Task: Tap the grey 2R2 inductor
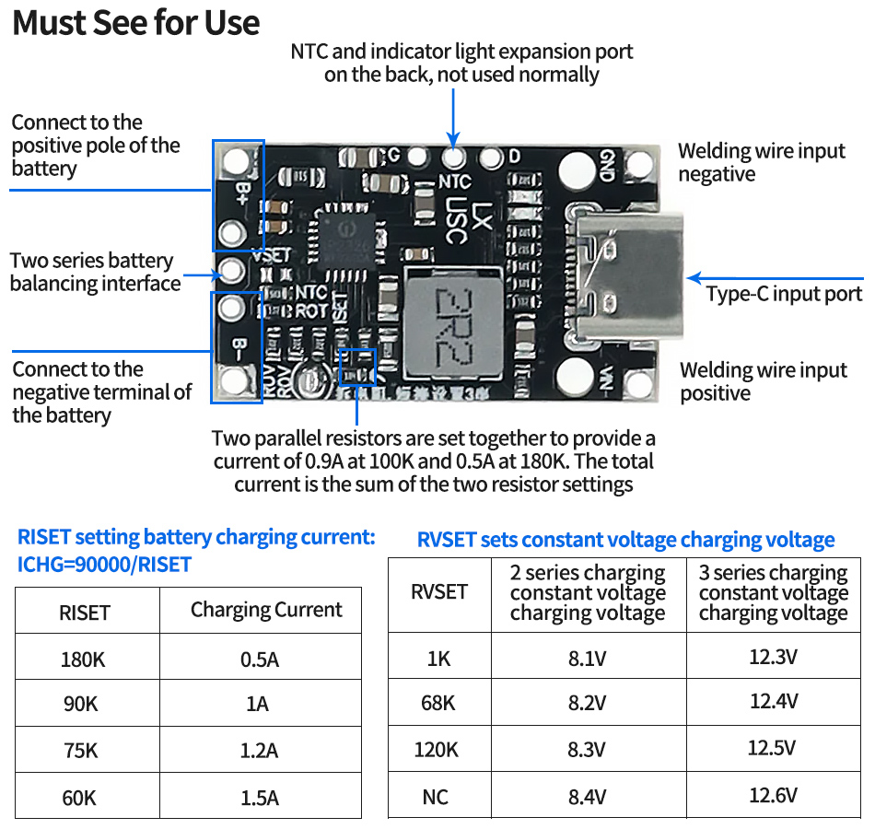pos(451,322)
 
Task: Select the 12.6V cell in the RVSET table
pos(772,795)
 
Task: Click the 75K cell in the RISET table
pos(79,750)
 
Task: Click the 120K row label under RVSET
pos(436,749)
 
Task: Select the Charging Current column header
pos(266,610)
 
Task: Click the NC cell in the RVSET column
pos(436,796)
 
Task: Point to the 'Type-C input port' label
pos(784,294)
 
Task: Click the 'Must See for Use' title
pos(136,23)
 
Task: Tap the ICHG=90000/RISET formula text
pos(104,564)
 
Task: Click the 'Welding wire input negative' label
pos(762,162)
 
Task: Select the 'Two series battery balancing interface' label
pos(95,272)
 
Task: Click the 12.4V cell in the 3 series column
pos(772,701)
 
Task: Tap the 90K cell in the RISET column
pos(79,704)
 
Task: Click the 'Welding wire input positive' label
pos(764,381)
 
